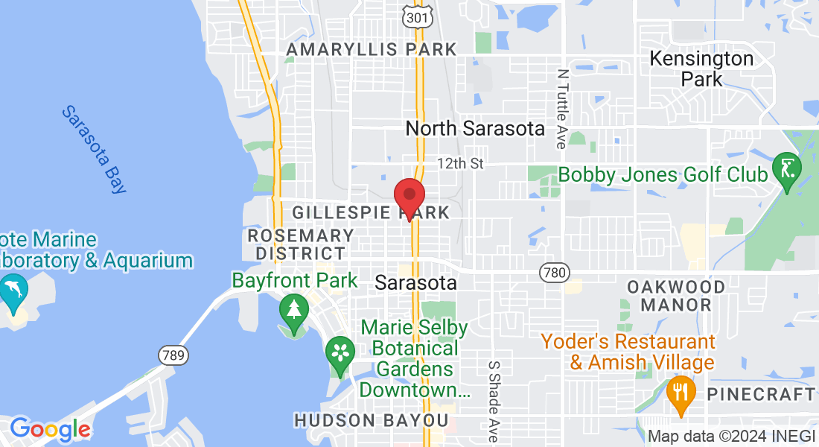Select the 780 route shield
[554, 273]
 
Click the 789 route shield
[172, 355]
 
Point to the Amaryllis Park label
[372, 50]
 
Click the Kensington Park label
[701, 68]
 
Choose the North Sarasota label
[475, 128]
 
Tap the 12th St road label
[460, 162]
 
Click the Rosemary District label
[301, 244]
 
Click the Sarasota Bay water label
[94, 149]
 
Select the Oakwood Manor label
[675, 296]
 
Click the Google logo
[50, 430]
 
